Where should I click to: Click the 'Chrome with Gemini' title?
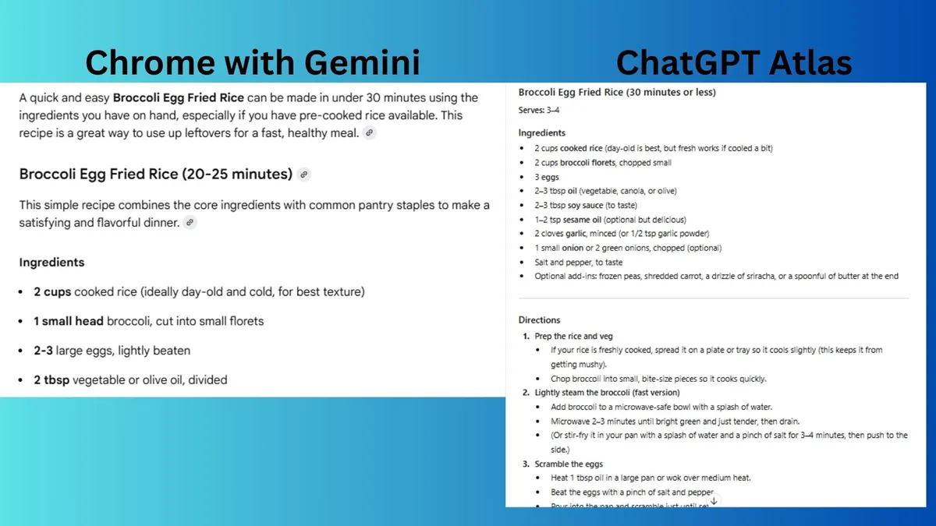tap(252, 62)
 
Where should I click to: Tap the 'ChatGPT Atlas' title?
tap(733, 62)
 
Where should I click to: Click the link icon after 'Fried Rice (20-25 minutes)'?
tap(304, 175)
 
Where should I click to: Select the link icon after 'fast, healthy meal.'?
tap(370, 133)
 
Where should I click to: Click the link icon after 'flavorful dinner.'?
tap(190, 223)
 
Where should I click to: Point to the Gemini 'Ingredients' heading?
tap(51, 263)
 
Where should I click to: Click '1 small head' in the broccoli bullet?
tap(69, 321)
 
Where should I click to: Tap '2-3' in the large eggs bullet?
tap(43, 351)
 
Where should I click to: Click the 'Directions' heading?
tap(539, 319)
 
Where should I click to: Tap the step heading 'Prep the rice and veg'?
tap(573, 336)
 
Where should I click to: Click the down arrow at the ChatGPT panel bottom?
tap(713, 501)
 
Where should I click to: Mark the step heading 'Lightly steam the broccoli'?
tap(607, 392)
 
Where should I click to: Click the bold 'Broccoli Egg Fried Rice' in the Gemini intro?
tap(179, 98)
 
